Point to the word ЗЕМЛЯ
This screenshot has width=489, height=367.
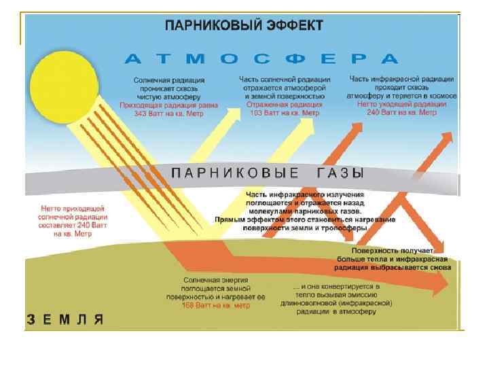[x=65, y=319]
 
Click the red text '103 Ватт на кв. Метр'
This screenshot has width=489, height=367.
[x=283, y=113]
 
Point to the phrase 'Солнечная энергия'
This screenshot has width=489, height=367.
[x=215, y=279]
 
